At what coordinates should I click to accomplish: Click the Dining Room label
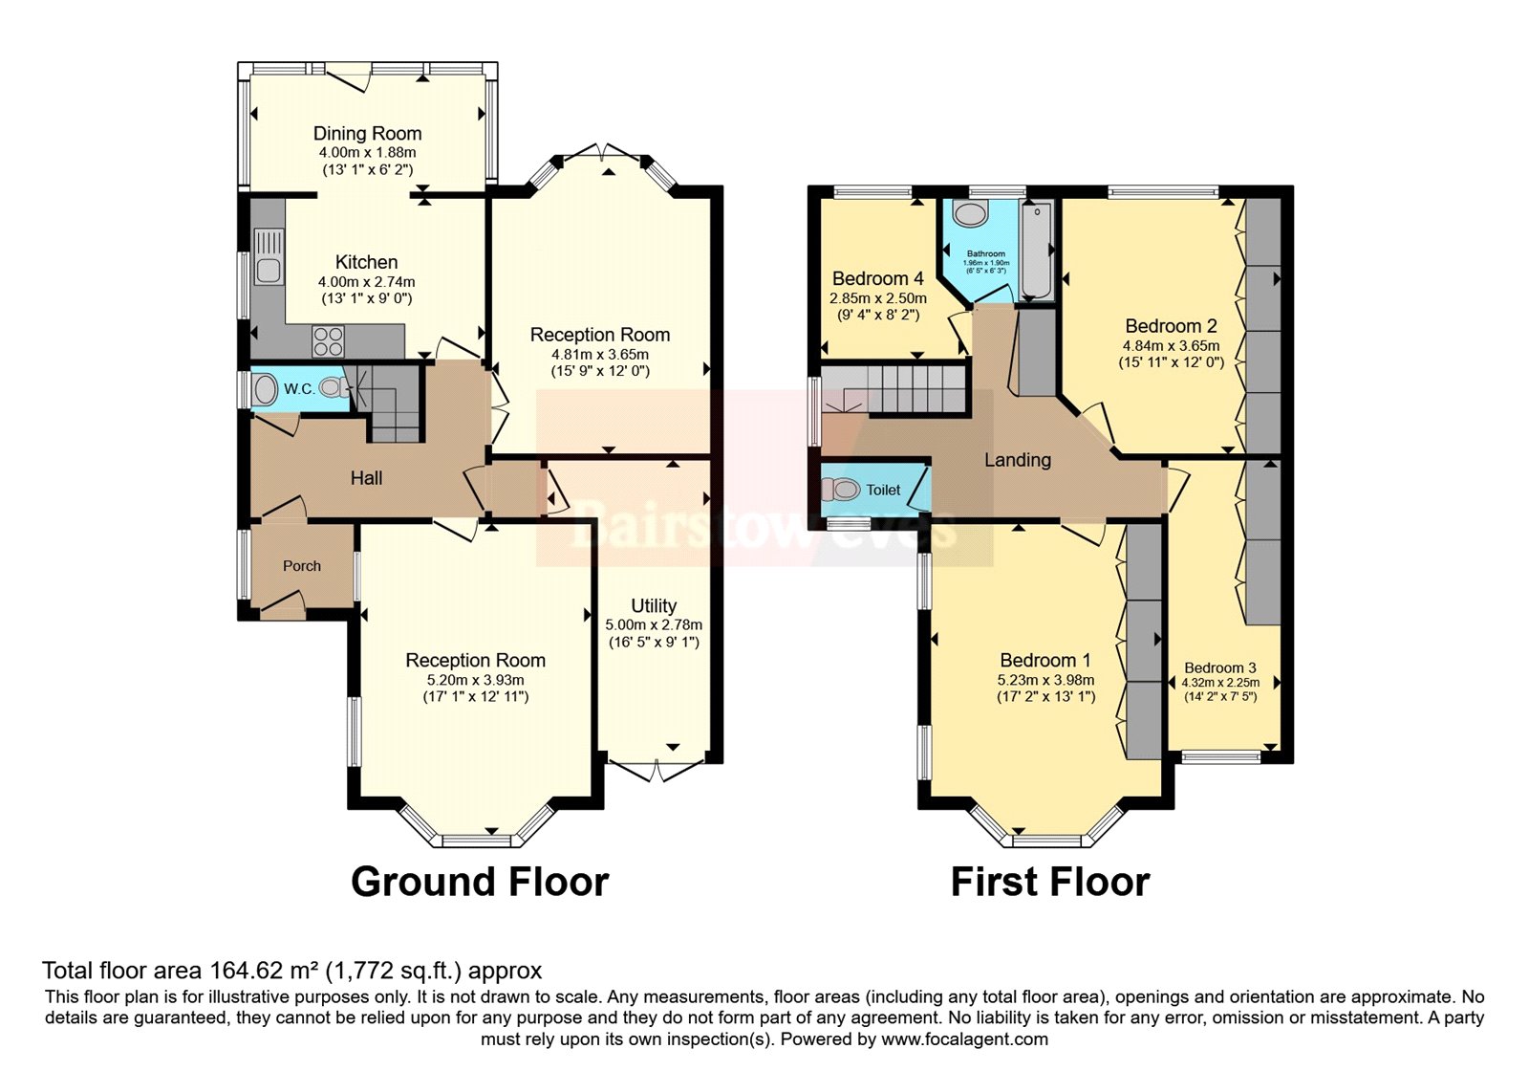click(367, 134)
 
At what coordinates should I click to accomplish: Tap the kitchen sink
click(269, 257)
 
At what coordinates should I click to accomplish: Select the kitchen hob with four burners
click(328, 341)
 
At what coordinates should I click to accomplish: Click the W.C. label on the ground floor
click(299, 389)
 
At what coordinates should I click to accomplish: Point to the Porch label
click(302, 566)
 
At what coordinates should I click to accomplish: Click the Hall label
click(366, 478)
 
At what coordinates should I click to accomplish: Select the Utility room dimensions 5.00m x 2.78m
click(654, 624)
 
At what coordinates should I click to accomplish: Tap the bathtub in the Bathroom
click(1036, 251)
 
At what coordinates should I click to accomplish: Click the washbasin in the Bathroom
click(971, 214)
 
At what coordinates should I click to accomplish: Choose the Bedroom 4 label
click(877, 279)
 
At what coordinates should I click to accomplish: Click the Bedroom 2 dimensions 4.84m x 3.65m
click(1171, 346)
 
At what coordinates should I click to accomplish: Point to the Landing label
click(1018, 460)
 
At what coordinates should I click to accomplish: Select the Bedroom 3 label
click(1220, 667)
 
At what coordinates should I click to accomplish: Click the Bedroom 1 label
click(1044, 660)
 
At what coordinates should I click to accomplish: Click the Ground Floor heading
click(480, 882)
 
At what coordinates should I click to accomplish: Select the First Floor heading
click(1049, 882)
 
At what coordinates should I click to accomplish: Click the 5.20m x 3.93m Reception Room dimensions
click(475, 680)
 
